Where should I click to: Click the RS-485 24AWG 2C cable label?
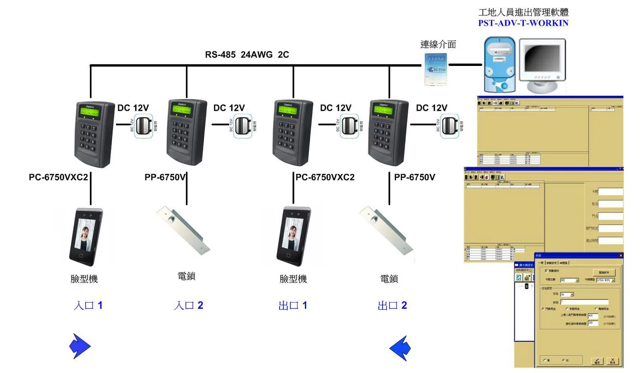[x=247, y=55]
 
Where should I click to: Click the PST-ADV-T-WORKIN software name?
[x=523, y=23]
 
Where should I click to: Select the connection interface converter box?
[x=435, y=69]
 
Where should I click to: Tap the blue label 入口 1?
[x=88, y=306]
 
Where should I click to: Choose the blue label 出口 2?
[x=392, y=306]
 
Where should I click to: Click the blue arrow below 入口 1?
[x=79, y=347]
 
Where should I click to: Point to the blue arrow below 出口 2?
[x=400, y=348]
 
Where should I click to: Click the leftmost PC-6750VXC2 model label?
[x=58, y=177]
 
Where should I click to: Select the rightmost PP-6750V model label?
[x=415, y=177]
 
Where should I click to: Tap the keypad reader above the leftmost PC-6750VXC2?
[x=94, y=134]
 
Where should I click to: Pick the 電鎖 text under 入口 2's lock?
[x=187, y=276]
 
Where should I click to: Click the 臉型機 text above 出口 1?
[x=293, y=279]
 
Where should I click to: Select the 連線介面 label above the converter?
[x=438, y=44]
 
